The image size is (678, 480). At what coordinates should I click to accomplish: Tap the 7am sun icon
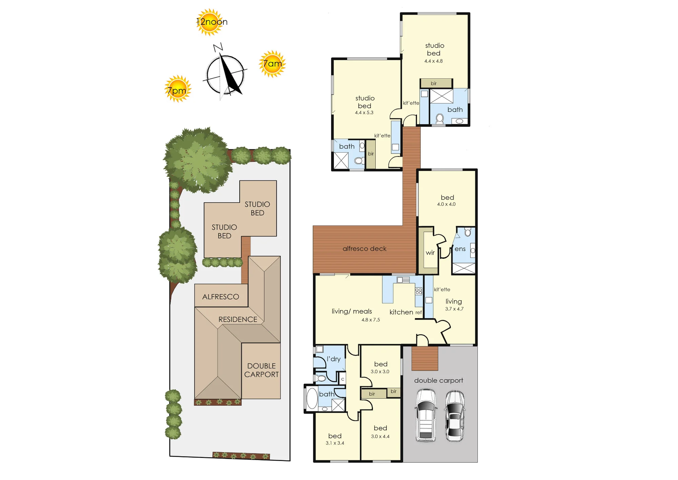coord(273,64)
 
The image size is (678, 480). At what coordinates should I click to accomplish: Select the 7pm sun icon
coord(178,89)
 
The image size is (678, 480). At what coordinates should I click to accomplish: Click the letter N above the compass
coord(218,47)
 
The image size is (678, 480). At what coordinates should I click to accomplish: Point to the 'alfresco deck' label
coord(364,249)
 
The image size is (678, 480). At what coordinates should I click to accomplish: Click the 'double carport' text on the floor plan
coord(439,381)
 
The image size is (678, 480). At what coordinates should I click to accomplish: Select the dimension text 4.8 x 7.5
coord(371,320)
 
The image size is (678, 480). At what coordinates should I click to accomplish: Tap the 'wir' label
coord(430,253)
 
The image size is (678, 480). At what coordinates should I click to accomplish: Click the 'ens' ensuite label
coord(460,249)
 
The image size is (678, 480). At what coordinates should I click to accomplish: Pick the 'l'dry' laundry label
coord(334,359)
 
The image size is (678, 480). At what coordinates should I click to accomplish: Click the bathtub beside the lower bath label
coord(312,398)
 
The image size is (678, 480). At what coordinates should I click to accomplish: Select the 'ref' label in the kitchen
coord(419,312)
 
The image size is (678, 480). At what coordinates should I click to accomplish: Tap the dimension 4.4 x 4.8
coord(434,61)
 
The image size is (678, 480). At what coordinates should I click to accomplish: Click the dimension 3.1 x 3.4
coord(335,443)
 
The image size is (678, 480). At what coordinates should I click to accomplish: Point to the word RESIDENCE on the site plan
coord(238,320)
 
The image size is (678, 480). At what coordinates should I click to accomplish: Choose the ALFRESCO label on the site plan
coord(221,297)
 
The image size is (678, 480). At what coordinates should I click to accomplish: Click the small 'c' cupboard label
coord(343,379)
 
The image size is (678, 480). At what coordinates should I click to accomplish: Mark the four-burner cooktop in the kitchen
coord(419,291)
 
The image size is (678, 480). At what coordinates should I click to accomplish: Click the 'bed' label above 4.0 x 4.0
coord(447,197)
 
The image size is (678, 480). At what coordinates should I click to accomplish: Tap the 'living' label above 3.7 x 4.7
coord(454,302)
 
